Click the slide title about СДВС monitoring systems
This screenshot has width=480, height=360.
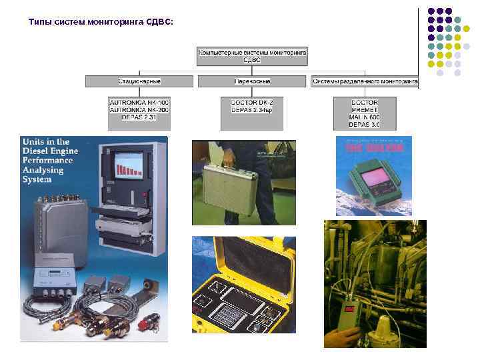[100, 22]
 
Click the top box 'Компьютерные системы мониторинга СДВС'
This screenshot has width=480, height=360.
[252, 55]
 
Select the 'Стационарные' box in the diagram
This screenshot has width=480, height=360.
[139, 81]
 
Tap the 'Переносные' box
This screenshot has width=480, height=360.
[252, 81]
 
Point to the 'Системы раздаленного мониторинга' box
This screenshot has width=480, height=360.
[365, 81]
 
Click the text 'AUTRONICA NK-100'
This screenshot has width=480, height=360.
[139, 101]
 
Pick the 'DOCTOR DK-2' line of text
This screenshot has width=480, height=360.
[252, 101]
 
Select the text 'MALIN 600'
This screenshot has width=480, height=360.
[365, 117]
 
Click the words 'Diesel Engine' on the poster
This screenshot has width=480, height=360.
[51, 151]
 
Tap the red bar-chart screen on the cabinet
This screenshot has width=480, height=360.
[127, 166]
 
